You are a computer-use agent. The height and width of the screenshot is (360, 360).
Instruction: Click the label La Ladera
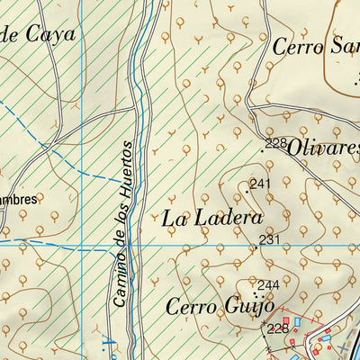click(212, 218)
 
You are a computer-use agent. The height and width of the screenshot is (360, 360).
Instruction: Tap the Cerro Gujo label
click(207, 308)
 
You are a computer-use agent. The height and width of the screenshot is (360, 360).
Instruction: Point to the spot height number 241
click(260, 184)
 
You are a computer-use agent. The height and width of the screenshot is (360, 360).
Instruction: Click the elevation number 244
click(269, 285)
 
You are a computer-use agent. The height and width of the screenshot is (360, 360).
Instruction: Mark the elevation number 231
click(270, 238)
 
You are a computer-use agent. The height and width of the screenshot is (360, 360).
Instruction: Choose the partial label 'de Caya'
click(39, 35)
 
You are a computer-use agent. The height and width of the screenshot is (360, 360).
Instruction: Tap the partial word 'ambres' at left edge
click(19, 199)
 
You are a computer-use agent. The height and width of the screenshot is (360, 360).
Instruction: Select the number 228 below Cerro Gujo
click(277, 328)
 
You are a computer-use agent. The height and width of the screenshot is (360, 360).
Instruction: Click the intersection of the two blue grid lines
click(82, 244)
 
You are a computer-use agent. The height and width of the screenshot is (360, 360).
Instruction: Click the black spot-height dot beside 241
click(247, 190)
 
